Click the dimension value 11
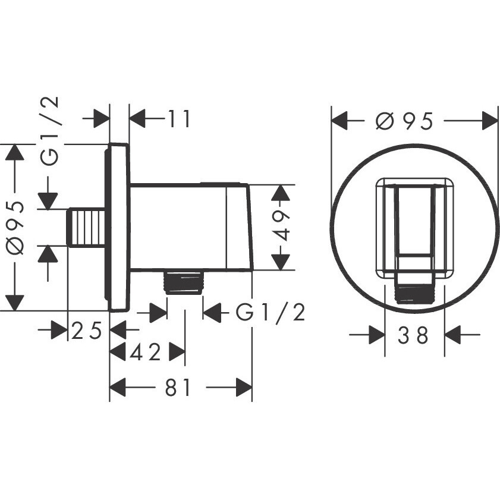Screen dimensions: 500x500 [179, 119]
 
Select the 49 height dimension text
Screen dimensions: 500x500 [281, 226]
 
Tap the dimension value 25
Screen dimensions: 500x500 [86, 331]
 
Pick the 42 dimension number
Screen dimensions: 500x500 [145, 352]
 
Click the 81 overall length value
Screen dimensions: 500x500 [178, 387]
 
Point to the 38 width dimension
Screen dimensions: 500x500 [413, 335]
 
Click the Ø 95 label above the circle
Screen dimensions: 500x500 [404, 121]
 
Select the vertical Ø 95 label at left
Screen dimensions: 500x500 [15, 227]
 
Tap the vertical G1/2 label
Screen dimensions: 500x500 [50, 131]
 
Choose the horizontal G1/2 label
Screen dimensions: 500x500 [271, 312]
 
